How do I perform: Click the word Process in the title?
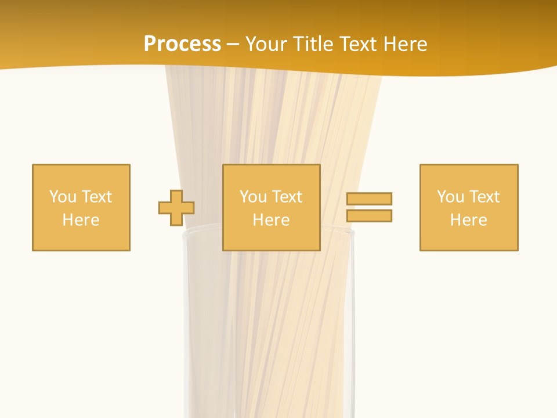pos(182,44)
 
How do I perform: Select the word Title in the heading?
pos(313,44)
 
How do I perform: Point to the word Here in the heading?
pos(407,44)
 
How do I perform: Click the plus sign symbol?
pos(176,207)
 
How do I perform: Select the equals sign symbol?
pos(370,207)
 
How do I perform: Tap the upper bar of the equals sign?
pos(370,199)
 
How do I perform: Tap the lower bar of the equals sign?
pos(370,215)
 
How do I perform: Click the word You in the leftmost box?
pos(63,197)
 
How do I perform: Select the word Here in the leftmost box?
pos(81,220)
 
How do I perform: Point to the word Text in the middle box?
pos(287,197)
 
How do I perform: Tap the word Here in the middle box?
pos(272,220)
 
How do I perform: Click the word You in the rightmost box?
pos(450,197)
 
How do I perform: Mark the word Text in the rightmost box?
pos(484,197)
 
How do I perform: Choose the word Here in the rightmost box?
pos(469,220)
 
